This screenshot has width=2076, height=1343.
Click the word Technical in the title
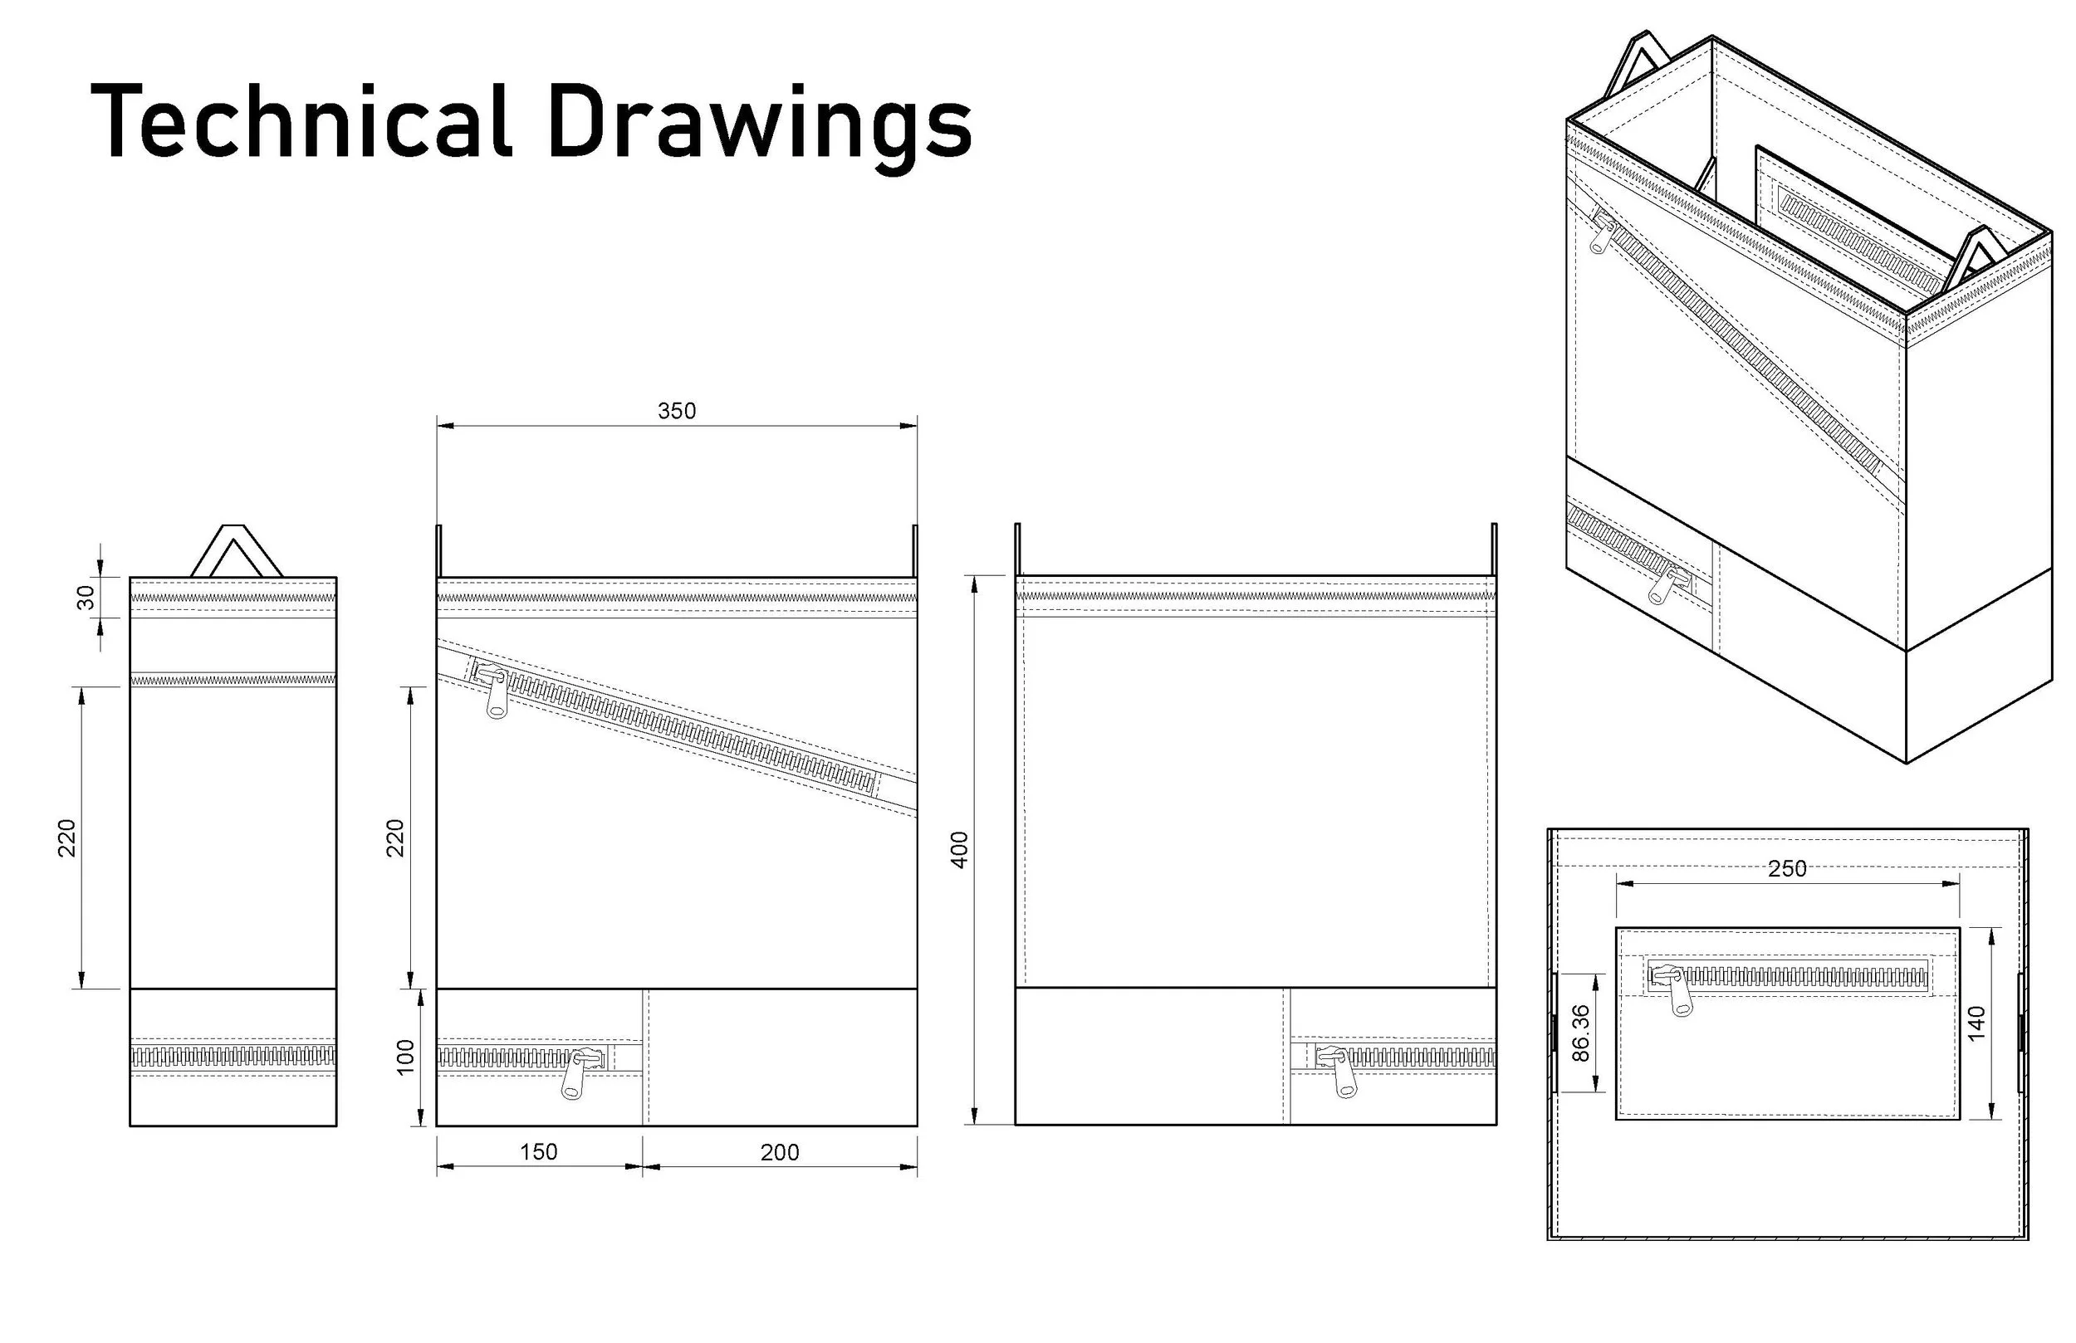pyautogui.click(x=301, y=121)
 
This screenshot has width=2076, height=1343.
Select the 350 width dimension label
pyautogui.click(x=677, y=411)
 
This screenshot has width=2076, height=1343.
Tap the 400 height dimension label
pyautogui.click(x=959, y=850)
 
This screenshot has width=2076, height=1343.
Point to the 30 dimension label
pyautogui.click(x=86, y=598)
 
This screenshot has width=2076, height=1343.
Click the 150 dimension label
pyautogui.click(x=538, y=1152)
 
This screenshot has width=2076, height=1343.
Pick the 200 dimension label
pyautogui.click(x=780, y=1152)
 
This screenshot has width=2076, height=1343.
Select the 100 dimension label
pyautogui.click(x=405, y=1057)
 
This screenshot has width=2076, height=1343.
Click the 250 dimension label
pyautogui.click(x=1787, y=868)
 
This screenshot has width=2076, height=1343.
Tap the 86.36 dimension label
pyautogui.click(x=1580, y=1033)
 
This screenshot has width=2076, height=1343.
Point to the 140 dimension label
pyautogui.click(x=1976, y=1023)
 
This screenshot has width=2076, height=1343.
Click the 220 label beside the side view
pyautogui.click(x=67, y=838)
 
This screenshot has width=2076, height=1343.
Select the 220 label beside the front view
pyautogui.click(x=395, y=838)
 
